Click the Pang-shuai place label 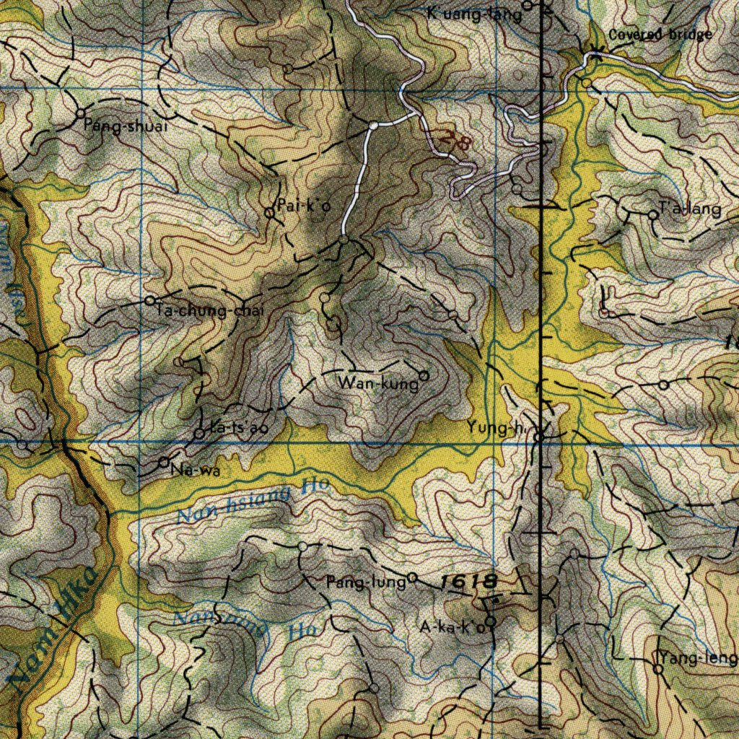tap(126, 126)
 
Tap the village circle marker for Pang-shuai tap(81, 113)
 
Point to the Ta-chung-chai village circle tap(150, 300)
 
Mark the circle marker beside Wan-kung tap(424, 376)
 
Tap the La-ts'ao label tap(239, 427)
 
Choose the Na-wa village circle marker tap(164, 462)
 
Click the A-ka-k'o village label tap(452, 627)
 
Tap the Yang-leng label tap(699, 658)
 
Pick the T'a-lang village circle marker tap(653, 214)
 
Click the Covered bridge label tap(660, 35)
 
